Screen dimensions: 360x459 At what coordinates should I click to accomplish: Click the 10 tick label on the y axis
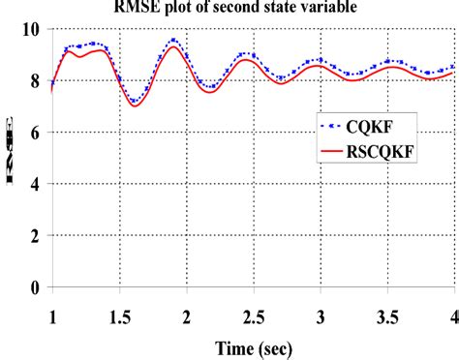click(30, 29)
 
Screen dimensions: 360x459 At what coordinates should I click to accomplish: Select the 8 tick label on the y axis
click(35, 81)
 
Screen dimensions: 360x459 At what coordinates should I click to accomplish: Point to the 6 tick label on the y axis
click(35, 133)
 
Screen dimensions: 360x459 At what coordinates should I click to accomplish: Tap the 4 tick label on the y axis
click(35, 184)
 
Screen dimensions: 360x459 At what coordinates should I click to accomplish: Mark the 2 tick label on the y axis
click(35, 235)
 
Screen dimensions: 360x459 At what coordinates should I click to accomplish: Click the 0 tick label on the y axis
click(35, 286)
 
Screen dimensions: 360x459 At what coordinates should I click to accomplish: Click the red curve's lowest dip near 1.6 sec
click(135, 105)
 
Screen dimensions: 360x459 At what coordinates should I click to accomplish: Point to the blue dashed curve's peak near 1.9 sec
click(173, 40)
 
